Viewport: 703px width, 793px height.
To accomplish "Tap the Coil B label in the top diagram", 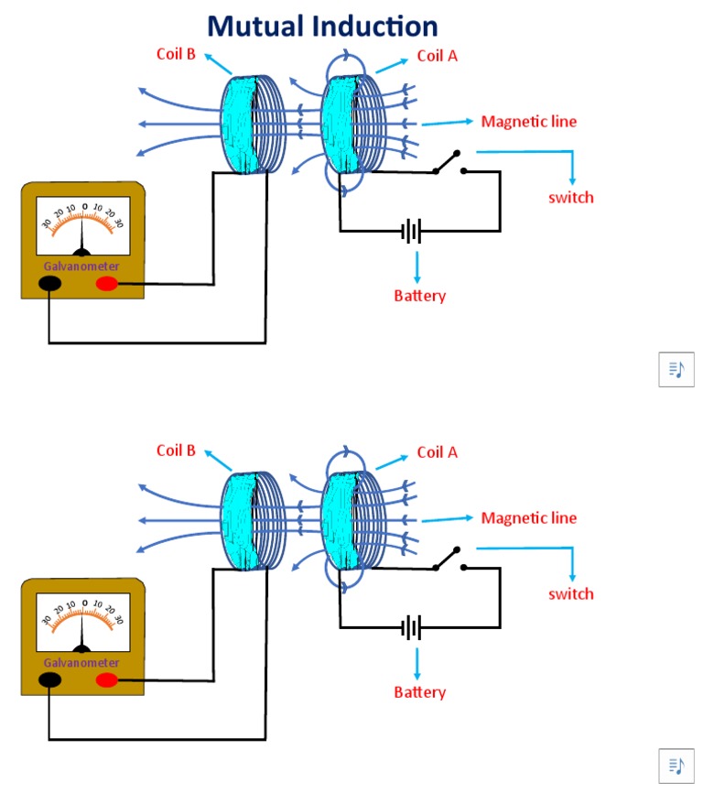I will (176, 54).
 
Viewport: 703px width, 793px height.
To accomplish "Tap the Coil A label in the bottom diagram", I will (437, 452).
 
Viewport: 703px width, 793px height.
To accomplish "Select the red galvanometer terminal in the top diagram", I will (107, 284).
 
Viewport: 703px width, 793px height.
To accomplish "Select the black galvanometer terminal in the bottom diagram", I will (49, 679).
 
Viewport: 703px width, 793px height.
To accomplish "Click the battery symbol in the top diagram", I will (413, 231).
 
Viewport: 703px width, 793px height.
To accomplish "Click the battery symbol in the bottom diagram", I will (413, 628).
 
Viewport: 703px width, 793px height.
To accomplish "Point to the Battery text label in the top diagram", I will (419, 296).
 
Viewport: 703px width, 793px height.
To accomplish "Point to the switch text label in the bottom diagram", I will (571, 593).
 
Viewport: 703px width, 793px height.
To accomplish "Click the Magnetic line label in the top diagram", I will (529, 122).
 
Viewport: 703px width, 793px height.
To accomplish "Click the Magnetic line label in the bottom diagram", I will (529, 518).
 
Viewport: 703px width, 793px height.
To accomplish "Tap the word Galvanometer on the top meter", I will (81, 266).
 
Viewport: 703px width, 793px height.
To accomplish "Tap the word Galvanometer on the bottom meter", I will (81, 663).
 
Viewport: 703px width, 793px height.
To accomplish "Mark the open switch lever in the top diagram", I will (448, 162).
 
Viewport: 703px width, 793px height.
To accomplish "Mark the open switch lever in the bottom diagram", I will (448, 559).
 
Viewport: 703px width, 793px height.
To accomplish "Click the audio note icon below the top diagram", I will (676, 369).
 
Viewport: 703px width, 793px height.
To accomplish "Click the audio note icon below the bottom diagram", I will (676, 766).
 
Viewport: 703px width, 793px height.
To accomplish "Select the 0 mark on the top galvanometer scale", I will (84, 207).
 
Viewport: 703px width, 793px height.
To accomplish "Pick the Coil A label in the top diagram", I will (437, 56).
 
